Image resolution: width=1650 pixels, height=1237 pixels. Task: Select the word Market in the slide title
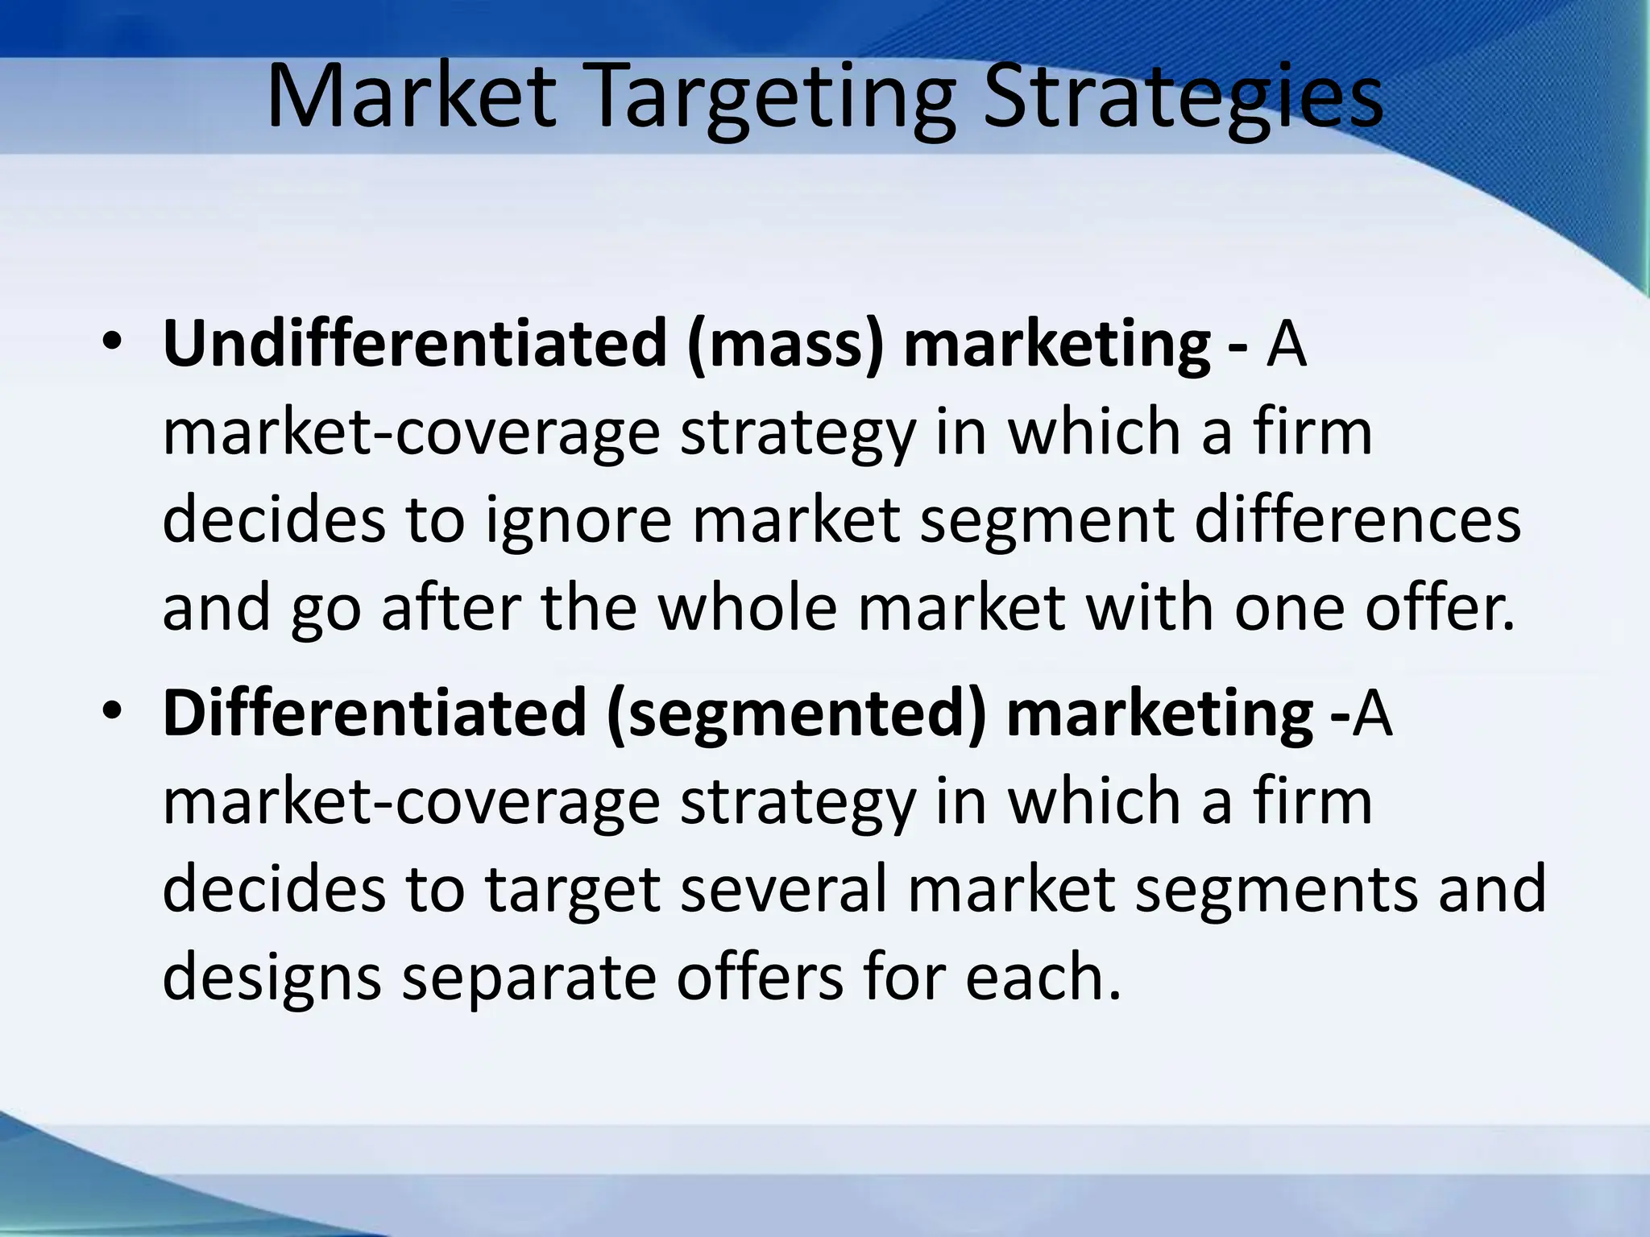click(x=411, y=98)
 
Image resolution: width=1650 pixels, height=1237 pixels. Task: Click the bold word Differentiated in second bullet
click(x=374, y=713)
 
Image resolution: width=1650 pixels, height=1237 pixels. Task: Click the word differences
click(x=1358, y=519)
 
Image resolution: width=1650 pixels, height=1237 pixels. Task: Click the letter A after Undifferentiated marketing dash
click(x=1285, y=345)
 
